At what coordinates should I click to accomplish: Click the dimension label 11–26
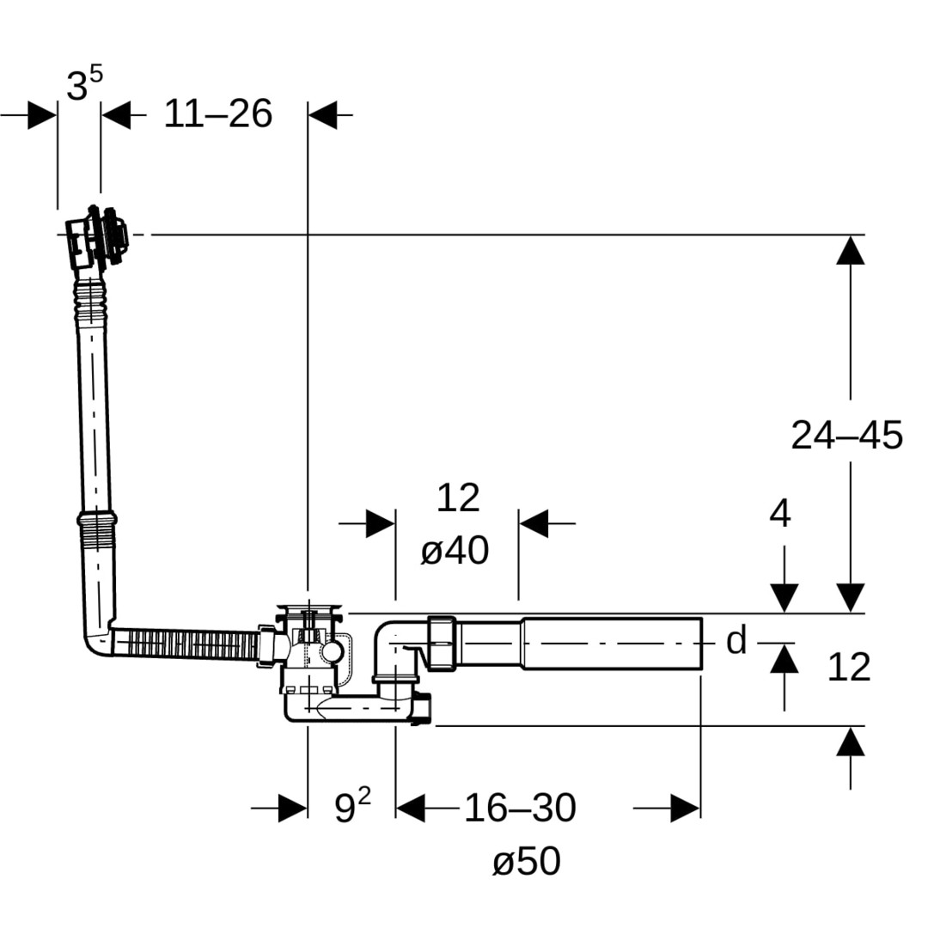click(x=217, y=113)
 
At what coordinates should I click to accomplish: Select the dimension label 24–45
click(x=846, y=436)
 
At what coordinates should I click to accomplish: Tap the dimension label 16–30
click(x=520, y=808)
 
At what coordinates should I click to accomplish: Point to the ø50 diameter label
click(x=526, y=861)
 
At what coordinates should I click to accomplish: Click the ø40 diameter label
click(x=455, y=551)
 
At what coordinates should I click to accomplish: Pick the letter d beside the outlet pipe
click(x=736, y=641)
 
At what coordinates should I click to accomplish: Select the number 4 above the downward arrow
click(x=779, y=514)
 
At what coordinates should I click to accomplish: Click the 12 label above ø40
click(x=457, y=498)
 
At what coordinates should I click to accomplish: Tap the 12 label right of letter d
click(x=848, y=668)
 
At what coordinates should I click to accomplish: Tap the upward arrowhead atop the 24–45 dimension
click(x=850, y=250)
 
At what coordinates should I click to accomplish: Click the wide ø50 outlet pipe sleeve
click(x=612, y=643)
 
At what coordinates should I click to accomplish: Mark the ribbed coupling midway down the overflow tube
click(x=96, y=520)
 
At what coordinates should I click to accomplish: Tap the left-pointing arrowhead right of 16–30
click(x=684, y=808)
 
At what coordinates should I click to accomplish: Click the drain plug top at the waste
click(x=309, y=612)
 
